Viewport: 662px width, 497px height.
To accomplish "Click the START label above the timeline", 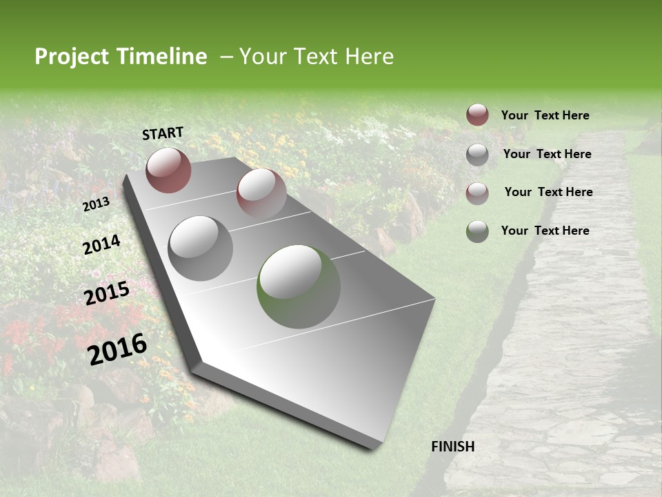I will pyautogui.click(x=163, y=133).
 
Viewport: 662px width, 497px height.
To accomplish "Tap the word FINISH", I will pyautogui.click(x=452, y=447).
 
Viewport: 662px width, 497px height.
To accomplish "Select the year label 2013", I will pyautogui.click(x=96, y=204).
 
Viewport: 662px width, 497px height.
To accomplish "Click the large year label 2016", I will pyautogui.click(x=117, y=349).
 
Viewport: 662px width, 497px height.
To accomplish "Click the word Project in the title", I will pyautogui.click(x=72, y=57).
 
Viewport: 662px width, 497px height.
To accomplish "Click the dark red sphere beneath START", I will pyautogui.click(x=168, y=170).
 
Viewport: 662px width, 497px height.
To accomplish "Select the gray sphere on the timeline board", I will pyautogui.click(x=201, y=248).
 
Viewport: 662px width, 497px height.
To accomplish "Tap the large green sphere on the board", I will pyautogui.click(x=299, y=286).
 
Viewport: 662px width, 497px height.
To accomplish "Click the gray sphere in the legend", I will pyautogui.click(x=477, y=155).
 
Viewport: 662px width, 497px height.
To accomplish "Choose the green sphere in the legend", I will pyautogui.click(x=477, y=231).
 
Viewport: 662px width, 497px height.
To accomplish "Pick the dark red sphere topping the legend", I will pyautogui.click(x=477, y=115).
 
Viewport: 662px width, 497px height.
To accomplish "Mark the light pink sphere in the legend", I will pyautogui.click(x=477, y=193).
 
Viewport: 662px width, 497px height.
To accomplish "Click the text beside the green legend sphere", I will pyautogui.click(x=545, y=231).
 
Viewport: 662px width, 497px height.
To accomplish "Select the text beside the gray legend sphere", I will pyautogui.click(x=547, y=154).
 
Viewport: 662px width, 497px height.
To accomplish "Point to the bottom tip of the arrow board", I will pyautogui.click(x=376, y=447).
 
